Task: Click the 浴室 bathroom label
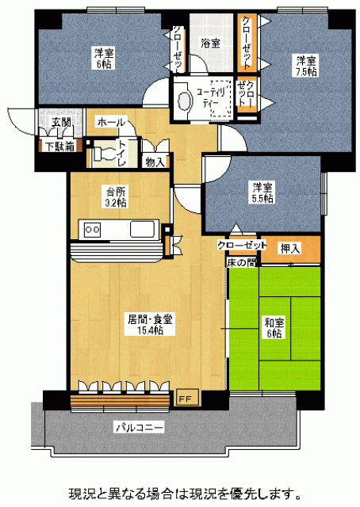point(210,44)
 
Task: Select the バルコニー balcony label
point(140,428)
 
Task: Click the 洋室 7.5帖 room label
point(305,66)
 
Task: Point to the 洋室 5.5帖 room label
point(262,193)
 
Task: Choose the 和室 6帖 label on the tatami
point(274,327)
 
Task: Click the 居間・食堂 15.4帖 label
point(150,324)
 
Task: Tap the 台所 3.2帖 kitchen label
point(116,197)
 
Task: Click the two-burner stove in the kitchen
point(92,229)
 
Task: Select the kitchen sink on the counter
point(142,229)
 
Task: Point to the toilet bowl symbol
point(104,153)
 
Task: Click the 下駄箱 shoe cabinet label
point(60,147)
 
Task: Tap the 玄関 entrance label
point(62,122)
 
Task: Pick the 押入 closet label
point(291,248)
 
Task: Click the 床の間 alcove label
point(242,262)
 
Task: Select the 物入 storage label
point(155,162)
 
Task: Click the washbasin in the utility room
point(183,99)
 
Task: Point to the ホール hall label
point(111,123)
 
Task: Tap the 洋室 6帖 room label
point(104,59)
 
